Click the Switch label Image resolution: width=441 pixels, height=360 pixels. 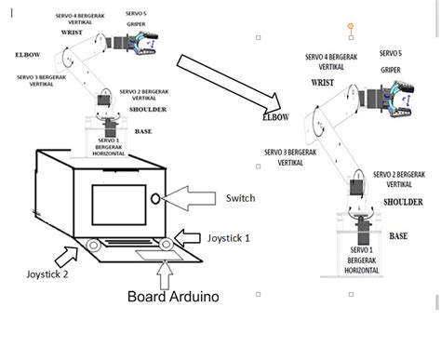click(x=240, y=197)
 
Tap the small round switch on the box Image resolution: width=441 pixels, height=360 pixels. click(x=155, y=198)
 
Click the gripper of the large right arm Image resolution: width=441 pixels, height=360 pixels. click(x=402, y=103)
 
